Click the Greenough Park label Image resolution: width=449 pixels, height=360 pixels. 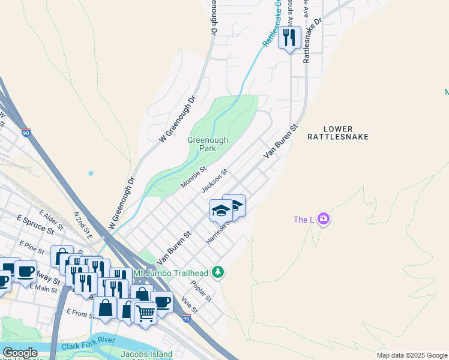pos(208,143)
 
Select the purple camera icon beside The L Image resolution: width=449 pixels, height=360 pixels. pos(324,219)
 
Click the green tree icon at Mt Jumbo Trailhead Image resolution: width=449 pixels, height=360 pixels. pos(218,272)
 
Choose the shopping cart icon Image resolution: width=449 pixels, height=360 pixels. pos(145,312)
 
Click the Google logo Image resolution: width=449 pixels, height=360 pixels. pos(20,353)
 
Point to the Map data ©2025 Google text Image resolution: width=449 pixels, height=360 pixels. pos(411,355)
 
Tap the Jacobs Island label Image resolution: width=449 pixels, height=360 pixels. pos(146,354)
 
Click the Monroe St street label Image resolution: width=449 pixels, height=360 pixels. pos(194,177)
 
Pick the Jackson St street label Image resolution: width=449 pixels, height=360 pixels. pos(214,181)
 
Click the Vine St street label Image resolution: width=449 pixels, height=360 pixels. pos(189,305)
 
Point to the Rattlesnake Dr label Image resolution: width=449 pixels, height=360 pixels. pos(313,40)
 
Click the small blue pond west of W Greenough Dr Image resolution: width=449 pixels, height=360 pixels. pos(91,173)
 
